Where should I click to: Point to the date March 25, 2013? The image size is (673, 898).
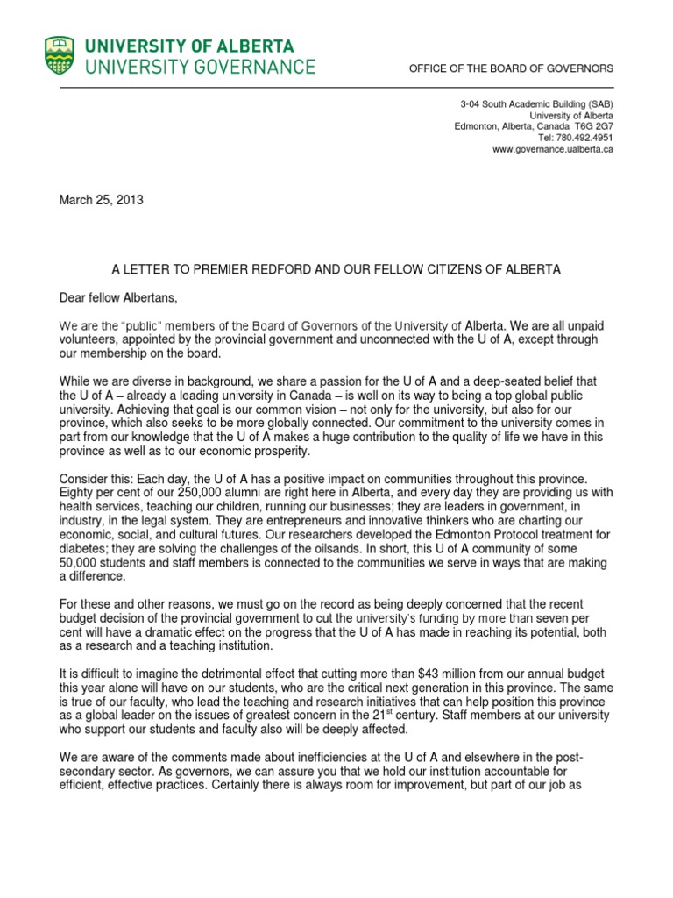coord(101,200)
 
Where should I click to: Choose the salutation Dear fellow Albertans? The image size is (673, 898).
coord(118,299)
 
